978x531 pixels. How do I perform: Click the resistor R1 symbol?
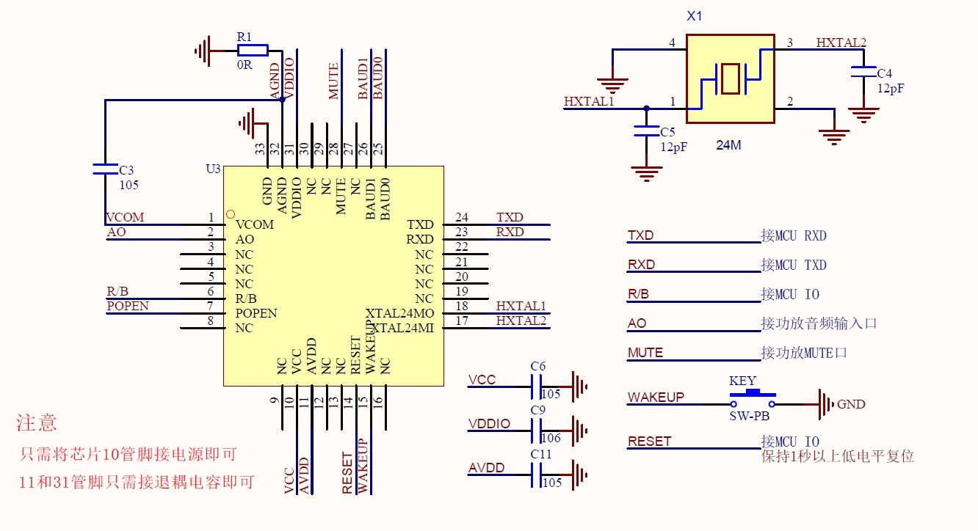[x=253, y=50]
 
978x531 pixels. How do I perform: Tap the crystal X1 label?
[x=694, y=16]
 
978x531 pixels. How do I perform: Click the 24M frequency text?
[x=728, y=145]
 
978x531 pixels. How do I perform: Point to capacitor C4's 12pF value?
[x=891, y=88]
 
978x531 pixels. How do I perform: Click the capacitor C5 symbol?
[x=646, y=131]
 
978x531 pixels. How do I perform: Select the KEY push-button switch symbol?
[x=753, y=400]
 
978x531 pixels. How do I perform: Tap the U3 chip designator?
[x=213, y=169]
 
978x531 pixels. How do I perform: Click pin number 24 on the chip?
[x=461, y=217]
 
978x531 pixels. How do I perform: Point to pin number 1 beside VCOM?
[x=211, y=217]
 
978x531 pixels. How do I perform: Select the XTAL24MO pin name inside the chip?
[x=399, y=313]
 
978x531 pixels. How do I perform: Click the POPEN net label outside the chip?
[x=128, y=306]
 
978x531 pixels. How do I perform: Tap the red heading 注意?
[x=37, y=423]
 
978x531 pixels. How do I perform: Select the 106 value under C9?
[x=551, y=439]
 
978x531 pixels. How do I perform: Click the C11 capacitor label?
[x=540, y=454]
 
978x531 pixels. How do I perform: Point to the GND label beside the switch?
[x=851, y=404]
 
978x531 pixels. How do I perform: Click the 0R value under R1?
[x=244, y=65]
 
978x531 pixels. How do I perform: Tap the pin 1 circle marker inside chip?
[x=230, y=213]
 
